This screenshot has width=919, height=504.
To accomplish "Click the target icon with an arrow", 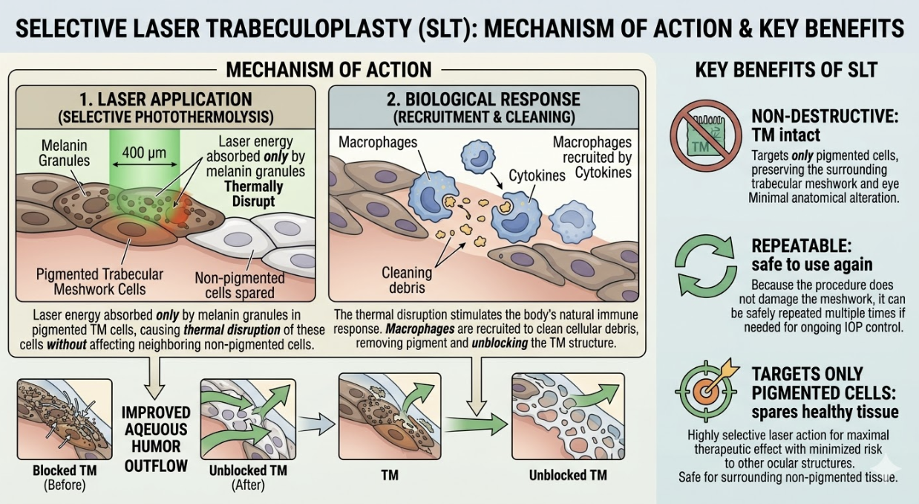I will (x=706, y=390).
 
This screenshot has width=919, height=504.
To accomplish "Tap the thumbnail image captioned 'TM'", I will (x=389, y=416).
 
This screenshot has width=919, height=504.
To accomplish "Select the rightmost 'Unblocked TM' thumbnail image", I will (x=568, y=416).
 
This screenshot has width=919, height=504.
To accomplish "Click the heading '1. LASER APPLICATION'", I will (x=165, y=99).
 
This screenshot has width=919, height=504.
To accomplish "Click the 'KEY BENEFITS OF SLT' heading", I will (x=786, y=71).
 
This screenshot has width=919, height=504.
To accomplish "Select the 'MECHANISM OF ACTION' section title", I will (x=328, y=70).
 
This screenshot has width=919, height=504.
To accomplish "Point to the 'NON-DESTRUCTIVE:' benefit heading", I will (x=814, y=116).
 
